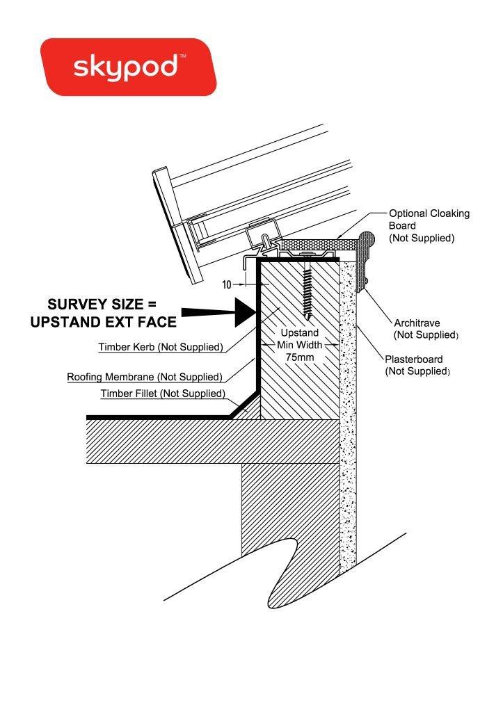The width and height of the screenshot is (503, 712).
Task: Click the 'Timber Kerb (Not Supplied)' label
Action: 160,347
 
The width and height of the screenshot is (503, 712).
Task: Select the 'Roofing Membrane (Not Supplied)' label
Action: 145,377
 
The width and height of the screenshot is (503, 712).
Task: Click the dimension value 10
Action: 227,284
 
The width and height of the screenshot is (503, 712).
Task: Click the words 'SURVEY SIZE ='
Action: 102,305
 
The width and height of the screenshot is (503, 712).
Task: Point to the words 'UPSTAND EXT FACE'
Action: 104,323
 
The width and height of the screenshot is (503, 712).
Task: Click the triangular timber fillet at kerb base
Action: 251,410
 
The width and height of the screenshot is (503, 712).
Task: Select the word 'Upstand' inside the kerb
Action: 299,333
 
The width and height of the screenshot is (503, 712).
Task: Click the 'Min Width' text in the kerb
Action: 300,344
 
